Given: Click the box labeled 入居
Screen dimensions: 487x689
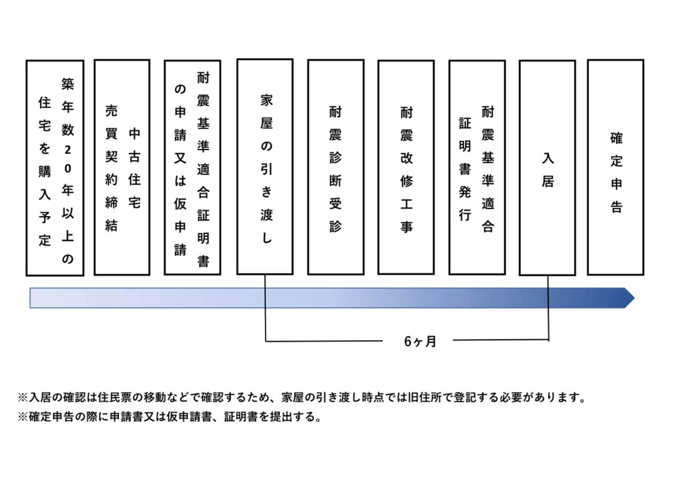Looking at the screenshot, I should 547,168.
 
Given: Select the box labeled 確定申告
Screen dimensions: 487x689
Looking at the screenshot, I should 615,168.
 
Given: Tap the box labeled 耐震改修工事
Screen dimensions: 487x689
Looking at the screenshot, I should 406,168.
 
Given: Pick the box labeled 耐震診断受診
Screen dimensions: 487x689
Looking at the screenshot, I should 335,168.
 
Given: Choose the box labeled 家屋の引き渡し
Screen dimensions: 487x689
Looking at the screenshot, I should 265,168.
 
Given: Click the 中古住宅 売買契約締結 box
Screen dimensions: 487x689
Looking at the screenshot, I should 122,168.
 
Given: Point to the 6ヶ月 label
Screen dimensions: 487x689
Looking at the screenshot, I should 420,342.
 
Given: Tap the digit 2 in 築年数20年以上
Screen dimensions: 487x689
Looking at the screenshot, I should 68,150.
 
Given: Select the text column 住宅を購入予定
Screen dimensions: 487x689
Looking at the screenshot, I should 44,171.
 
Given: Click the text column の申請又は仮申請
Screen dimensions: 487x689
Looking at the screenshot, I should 180,169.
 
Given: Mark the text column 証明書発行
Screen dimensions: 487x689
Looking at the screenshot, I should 465,169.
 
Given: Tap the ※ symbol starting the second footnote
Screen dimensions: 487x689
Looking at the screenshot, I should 23,417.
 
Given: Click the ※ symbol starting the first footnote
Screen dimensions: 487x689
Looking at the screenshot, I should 23,397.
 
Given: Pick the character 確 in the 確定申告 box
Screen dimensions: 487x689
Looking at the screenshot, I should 616,138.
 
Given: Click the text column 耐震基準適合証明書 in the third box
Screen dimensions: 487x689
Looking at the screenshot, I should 203,169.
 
